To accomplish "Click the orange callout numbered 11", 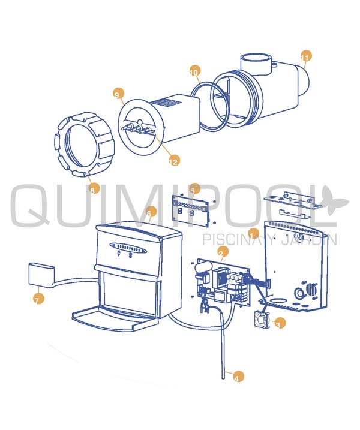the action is click(306, 56).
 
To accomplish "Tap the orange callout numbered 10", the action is click(194, 71).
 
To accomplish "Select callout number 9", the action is click(118, 94).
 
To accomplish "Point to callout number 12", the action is click(174, 161).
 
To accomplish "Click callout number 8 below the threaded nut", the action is click(94, 190).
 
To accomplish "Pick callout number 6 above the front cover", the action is click(151, 212).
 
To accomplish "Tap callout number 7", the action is click(38, 299).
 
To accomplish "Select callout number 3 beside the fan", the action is click(280, 323).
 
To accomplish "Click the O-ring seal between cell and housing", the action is click(210, 105).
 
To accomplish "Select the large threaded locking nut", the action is click(84, 145).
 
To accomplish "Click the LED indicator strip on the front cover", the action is click(128, 247).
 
